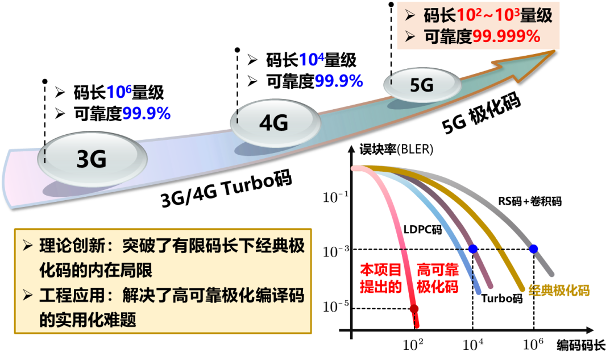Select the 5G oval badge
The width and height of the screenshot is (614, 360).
(422, 85)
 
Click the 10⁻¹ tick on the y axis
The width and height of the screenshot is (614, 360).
(335, 197)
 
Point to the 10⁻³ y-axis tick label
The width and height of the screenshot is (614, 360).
(335, 250)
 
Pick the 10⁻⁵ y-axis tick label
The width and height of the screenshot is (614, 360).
(335, 308)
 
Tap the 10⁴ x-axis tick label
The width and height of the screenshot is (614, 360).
(472, 344)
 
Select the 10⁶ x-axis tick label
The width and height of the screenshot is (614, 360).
(533, 344)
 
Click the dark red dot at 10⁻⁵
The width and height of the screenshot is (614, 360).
(414, 309)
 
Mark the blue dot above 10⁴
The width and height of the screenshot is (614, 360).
(472, 249)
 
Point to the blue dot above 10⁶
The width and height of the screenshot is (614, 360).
(533, 249)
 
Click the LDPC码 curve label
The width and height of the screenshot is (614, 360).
(422, 229)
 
